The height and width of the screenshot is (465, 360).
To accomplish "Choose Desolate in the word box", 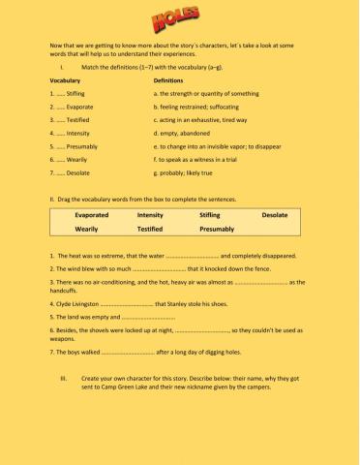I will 275,214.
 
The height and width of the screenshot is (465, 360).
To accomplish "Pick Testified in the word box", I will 150,230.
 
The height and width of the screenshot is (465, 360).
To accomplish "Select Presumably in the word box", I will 217,230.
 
